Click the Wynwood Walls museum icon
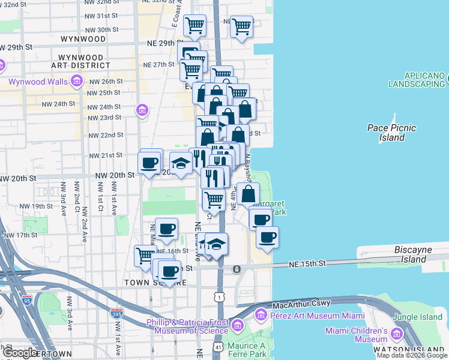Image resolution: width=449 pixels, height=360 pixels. [76, 80]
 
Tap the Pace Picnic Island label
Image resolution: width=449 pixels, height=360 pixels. [391, 133]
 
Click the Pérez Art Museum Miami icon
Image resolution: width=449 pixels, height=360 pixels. [261, 315]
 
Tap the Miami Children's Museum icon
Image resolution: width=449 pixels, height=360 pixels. [397, 334]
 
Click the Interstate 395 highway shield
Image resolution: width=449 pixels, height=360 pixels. [118, 313]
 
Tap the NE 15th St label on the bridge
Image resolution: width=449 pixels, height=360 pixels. [307, 263]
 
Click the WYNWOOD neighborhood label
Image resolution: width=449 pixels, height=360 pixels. [83, 39]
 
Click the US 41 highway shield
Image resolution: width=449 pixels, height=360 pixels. [218, 348]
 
